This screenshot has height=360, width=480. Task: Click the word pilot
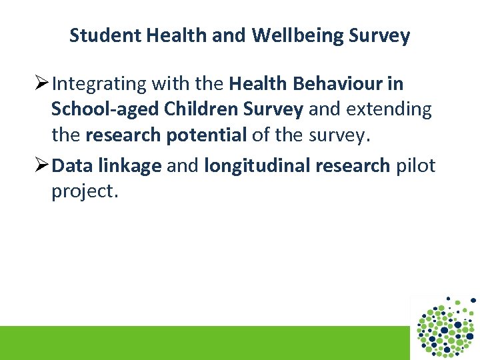(x=415, y=165)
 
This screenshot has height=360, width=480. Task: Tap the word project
(x=85, y=191)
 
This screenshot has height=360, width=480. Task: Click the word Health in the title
(x=175, y=35)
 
